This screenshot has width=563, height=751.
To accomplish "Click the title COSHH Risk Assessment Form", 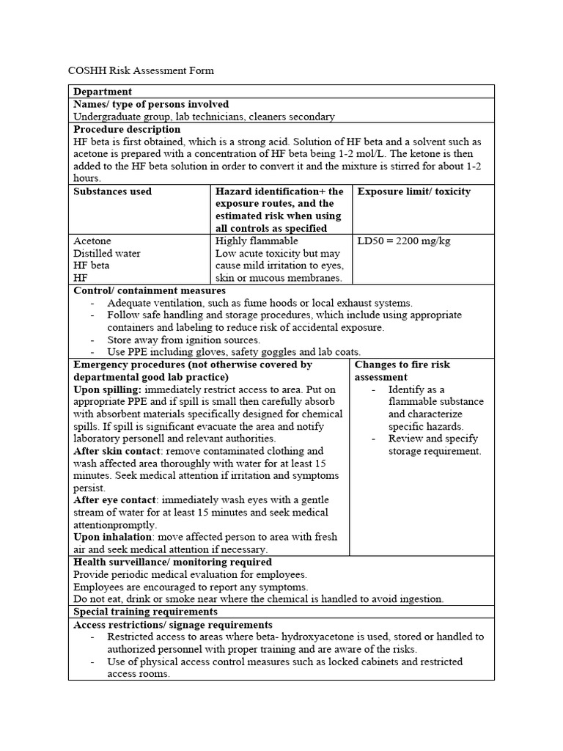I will [141, 70].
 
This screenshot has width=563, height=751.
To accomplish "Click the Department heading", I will [103, 92].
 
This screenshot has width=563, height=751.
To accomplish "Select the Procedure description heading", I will [127, 129].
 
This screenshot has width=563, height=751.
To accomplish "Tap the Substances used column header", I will [113, 191].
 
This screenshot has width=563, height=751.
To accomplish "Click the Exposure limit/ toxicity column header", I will [413, 191].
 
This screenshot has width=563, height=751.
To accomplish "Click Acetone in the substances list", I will [92, 241].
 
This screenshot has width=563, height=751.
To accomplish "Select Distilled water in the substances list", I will [107, 253].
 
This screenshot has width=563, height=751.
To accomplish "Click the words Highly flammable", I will [257, 241].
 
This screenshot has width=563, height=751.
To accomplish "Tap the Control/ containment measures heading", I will [150, 290].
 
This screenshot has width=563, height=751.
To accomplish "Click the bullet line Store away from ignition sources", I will [183, 340].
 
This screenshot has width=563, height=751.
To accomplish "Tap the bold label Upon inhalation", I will [113, 537].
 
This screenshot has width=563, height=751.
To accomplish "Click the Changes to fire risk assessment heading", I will [402, 370].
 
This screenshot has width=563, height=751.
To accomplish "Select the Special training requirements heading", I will [145, 611].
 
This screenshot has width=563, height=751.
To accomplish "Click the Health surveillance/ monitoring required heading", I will [172, 562].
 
